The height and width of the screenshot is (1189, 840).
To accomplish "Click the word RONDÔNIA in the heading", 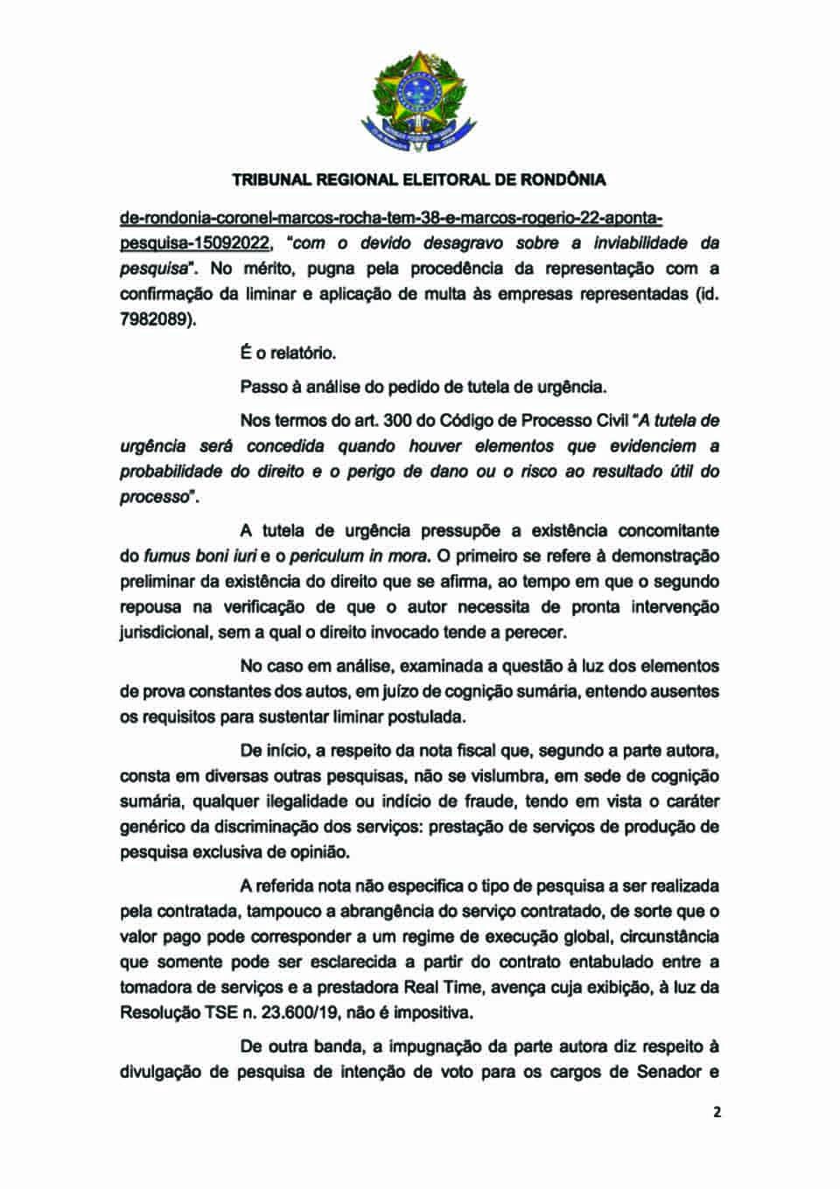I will (x=563, y=180).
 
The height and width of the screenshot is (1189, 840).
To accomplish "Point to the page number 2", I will (x=717, y=1112).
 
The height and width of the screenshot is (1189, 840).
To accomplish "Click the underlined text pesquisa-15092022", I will (x=193, y=242).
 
